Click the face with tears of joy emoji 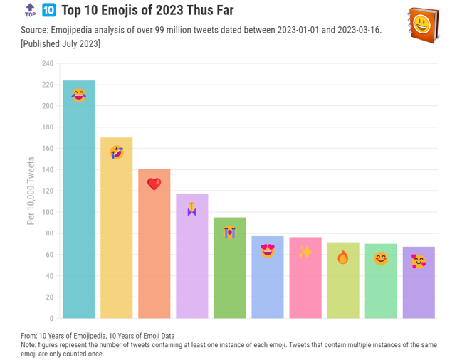click(x=78, y=95)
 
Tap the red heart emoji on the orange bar click(x=154, y=184)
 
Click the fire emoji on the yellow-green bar click(x=342, y=257)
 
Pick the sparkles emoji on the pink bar click(x=305, y=252)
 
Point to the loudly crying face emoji click(x=229, y=232)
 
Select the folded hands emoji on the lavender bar click(x=191, y=209)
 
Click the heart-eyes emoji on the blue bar click(x=267, y=250)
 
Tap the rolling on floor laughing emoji click(x=116, y=152)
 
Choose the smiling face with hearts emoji click(x=419, y=261)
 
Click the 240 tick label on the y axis click(x=47, y=63)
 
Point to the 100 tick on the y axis click(x=47, y=212)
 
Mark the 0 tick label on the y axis click(x=51, y=318)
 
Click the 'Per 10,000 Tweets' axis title click(x=31, y=191)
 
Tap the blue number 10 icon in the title click(x=49, y=10)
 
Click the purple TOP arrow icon click(x=30, y=10)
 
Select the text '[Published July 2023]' click(x=61, y=43)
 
